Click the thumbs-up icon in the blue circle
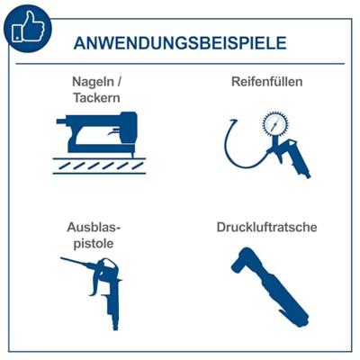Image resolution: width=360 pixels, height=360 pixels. (x=28, y=27)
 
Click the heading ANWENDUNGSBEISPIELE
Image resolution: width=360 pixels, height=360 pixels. (x=180, y=43)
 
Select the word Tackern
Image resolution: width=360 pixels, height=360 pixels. (x=96, y=98)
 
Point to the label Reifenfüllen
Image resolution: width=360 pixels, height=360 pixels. (x=266, y=82)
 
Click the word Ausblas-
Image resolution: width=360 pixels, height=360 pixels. (x=94, y=227)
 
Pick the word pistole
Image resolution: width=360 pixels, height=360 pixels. (x=94, y=243)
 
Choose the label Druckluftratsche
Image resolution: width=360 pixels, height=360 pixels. (x=266, y=227)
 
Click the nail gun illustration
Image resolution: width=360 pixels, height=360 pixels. (x=99, y=133)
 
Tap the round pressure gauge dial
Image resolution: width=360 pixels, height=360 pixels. (x=275, y=123)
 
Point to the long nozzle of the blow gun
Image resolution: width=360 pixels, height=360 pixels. (x=78, y=262)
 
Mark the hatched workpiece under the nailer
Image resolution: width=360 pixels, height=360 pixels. (x=99, y=166)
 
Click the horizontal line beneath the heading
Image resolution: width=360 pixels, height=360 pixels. (x=180, y=64)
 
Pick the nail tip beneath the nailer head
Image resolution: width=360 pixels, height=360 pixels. (x=131, y=154)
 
